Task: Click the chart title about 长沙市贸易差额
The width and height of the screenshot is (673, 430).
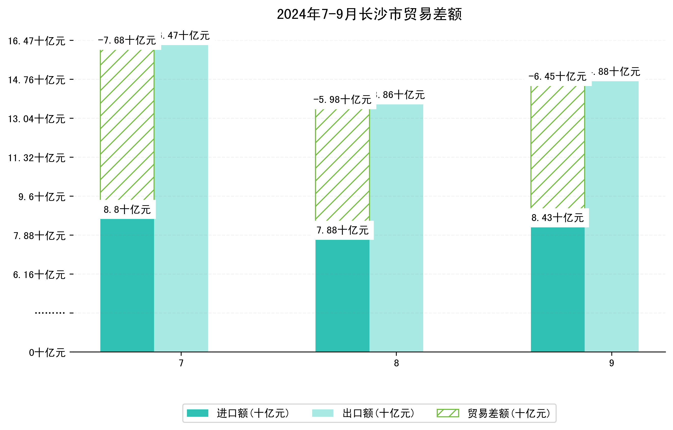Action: (369, 14)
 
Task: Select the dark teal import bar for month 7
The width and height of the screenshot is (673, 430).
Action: (127, 285)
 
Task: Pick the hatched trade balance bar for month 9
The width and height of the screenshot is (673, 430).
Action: (558, 147)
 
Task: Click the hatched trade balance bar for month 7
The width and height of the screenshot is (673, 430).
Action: (127, 124)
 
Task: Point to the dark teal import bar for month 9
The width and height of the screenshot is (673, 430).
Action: (558, 289)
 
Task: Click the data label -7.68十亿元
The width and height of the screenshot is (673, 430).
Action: (127, 40)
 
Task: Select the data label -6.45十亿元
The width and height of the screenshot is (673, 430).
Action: (558, 77)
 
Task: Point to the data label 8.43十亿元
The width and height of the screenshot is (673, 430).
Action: (558, 218)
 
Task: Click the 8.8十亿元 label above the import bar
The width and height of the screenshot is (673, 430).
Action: (127, 210)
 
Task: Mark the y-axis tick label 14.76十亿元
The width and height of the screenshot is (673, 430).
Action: (37, 80)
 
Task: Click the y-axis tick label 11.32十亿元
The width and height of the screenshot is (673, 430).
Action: (37, 158)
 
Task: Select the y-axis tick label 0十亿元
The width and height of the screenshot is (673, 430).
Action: (47, 353)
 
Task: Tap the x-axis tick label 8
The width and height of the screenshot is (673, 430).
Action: (396, 363)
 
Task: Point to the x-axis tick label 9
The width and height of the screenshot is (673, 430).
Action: (612, 363)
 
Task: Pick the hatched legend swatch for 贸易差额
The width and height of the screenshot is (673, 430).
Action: (448, 413)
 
